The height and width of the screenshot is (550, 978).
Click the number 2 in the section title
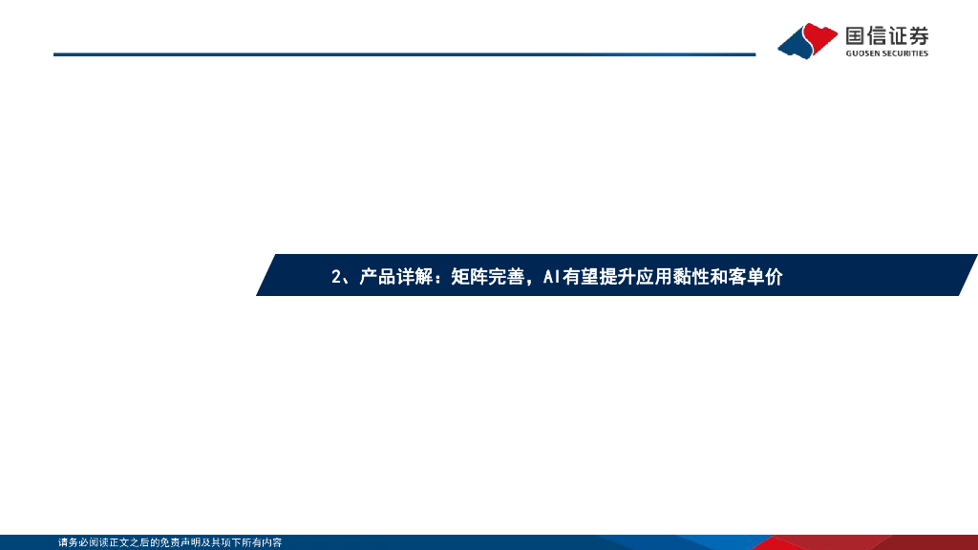click(336, 277)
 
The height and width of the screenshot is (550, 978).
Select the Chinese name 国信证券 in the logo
click(886, 36)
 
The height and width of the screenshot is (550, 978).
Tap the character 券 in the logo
click(918, 36)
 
